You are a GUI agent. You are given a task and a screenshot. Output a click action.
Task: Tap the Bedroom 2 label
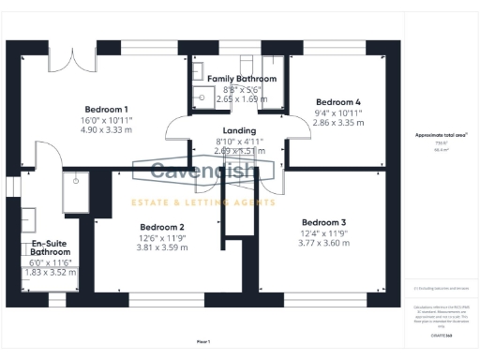pos(161,227)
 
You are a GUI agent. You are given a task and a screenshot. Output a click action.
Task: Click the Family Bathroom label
pos(242,79)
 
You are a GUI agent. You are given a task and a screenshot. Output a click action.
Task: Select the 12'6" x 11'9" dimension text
pos(161,238)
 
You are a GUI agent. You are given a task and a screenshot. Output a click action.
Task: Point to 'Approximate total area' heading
pos(442,135)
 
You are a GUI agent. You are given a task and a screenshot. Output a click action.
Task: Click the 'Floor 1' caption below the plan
pos(203,340)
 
